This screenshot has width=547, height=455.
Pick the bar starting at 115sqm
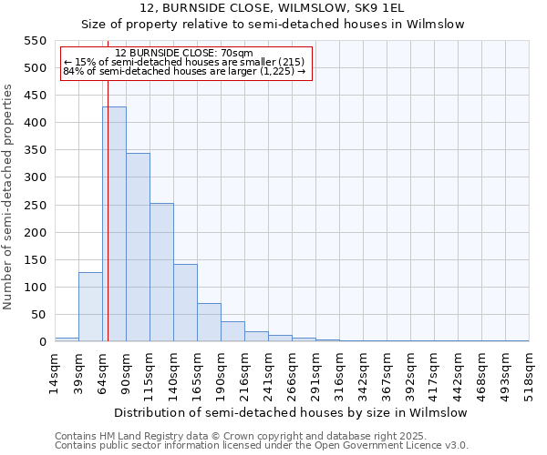tap(161, 273)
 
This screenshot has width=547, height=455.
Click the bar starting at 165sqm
tap(209, 322)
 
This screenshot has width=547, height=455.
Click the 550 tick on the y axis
tap(35, 41)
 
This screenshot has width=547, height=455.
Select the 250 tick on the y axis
tap(35, 206)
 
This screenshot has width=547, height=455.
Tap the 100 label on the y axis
tap(35, 288)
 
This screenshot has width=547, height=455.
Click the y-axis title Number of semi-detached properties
tap(8, 196)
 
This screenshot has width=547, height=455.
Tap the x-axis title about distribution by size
tap(291, 412)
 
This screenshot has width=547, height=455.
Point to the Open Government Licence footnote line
tap(262, 446)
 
